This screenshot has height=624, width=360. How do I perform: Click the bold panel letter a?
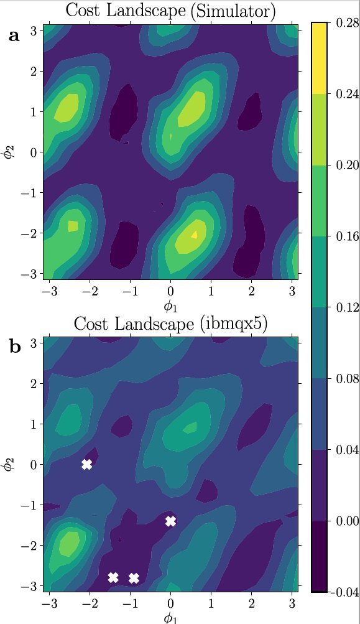(x=14, y=36)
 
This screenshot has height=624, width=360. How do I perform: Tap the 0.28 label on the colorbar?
(x=344, y=23)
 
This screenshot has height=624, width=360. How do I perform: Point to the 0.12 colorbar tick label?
(x=344, y=307)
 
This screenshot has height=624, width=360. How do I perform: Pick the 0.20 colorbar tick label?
(x=344, y=165)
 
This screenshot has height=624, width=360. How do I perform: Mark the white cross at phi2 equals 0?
(x=87, y=464)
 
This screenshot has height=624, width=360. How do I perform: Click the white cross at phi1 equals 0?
(x=171, y=521)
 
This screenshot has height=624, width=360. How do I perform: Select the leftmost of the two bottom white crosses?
(x=113, y=577)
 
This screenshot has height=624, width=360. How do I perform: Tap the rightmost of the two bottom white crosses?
(x=134, y=578)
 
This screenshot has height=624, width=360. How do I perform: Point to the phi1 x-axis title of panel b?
(x=170, y=617)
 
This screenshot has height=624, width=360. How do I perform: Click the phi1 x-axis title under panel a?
(x=170, y=305)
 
